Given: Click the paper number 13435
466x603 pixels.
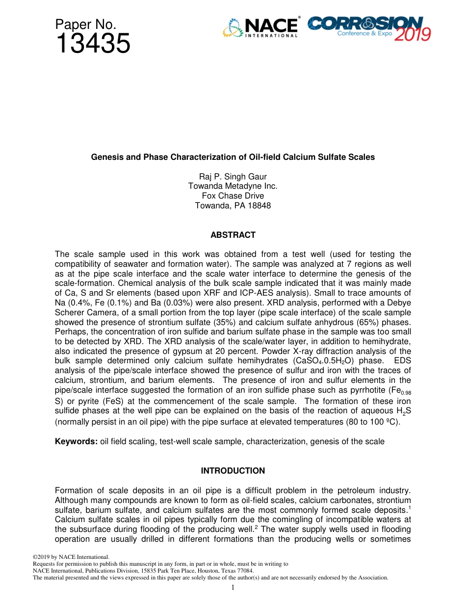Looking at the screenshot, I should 93,44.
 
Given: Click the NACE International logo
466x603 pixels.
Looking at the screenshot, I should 261,28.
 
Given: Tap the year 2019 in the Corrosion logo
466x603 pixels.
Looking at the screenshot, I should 412,34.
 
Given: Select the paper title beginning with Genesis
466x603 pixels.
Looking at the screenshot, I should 233,157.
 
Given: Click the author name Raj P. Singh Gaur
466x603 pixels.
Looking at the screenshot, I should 233,176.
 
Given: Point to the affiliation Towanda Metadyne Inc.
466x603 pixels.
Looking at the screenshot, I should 233,186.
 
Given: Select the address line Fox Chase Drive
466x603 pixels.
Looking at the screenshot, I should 233,196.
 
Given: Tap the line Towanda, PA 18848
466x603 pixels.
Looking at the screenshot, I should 233,206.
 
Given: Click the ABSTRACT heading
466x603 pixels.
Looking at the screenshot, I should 233,235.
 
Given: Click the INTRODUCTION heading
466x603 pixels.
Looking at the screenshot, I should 233,471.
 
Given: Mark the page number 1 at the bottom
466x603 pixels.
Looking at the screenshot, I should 233,587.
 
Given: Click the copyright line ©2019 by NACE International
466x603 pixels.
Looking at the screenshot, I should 71,557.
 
